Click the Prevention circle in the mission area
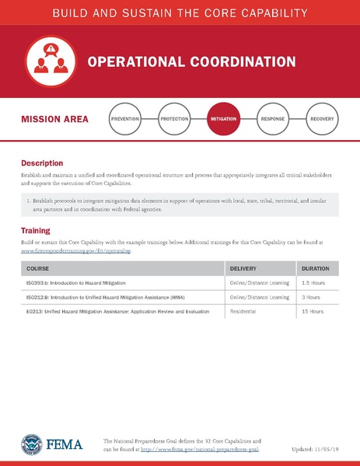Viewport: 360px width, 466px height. point(125,119)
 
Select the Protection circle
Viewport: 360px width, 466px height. point(174,119)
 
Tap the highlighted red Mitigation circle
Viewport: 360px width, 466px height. point(223,119)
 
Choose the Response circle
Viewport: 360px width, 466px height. point(272,119)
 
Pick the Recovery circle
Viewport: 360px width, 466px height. point(321,119)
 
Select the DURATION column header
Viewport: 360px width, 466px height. point(315,268)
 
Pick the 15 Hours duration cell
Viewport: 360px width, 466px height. point(312,311)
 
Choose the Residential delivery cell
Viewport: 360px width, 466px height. point(246,311)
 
